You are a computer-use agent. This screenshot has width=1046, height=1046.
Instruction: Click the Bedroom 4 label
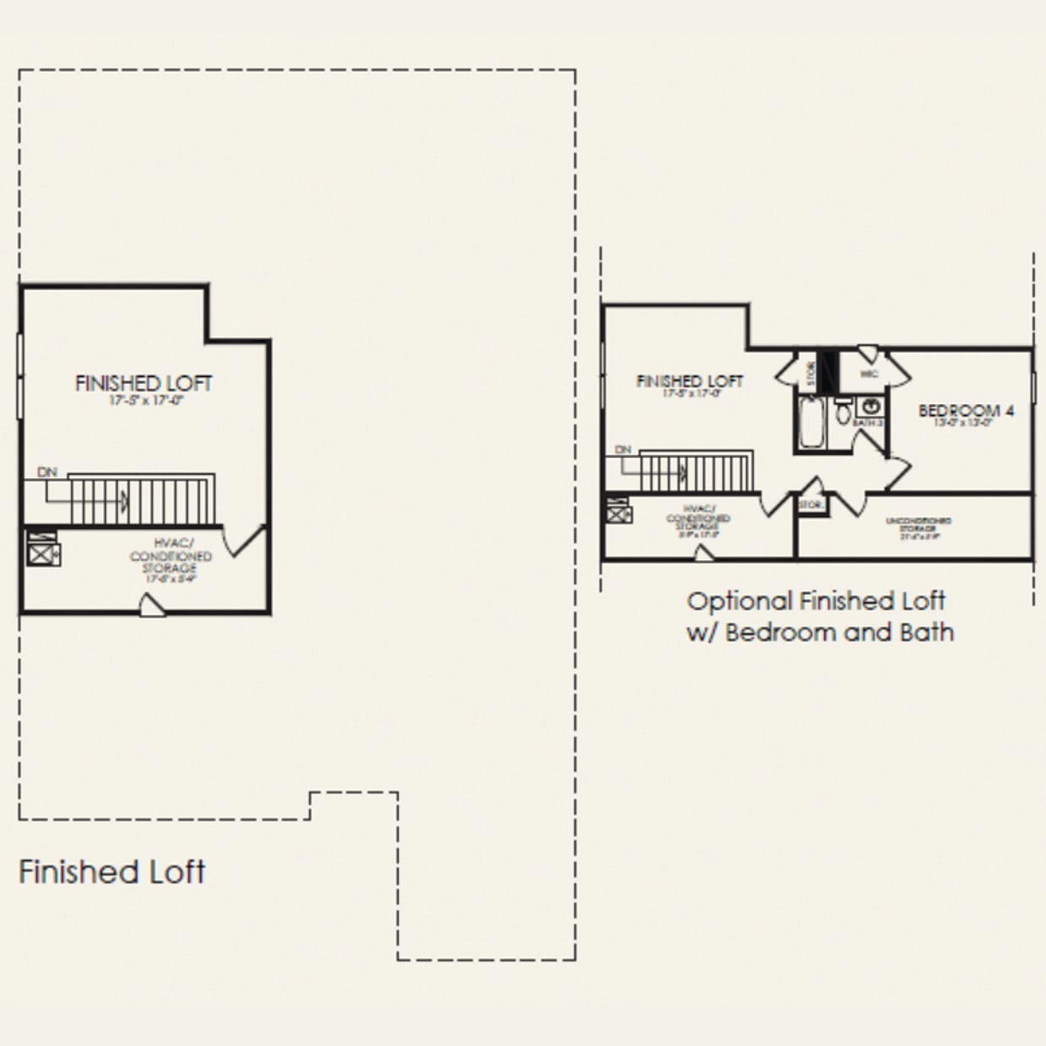(x=966, y=411)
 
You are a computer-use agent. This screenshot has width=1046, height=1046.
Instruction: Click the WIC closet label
(x=870, y=373)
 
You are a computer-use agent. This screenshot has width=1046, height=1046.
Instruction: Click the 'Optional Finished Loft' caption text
(x=816, y=601)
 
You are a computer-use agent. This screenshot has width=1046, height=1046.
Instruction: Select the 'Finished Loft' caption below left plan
(x=111, y=871)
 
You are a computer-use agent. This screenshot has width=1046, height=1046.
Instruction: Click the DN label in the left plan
(x=48, y=472)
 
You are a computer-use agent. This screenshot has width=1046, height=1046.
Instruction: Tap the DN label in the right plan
(x=623, y=450)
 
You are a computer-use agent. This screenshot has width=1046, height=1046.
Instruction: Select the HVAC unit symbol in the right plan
(x=618, y=511)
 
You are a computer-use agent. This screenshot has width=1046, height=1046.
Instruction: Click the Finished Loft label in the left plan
(x=143, y=384)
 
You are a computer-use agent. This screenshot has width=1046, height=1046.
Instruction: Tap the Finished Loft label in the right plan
(x=689, y=381)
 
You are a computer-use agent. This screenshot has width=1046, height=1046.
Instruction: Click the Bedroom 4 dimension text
(x=966, y=424)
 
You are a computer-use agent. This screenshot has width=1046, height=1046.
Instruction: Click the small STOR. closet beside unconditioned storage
(x=811, y=504)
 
